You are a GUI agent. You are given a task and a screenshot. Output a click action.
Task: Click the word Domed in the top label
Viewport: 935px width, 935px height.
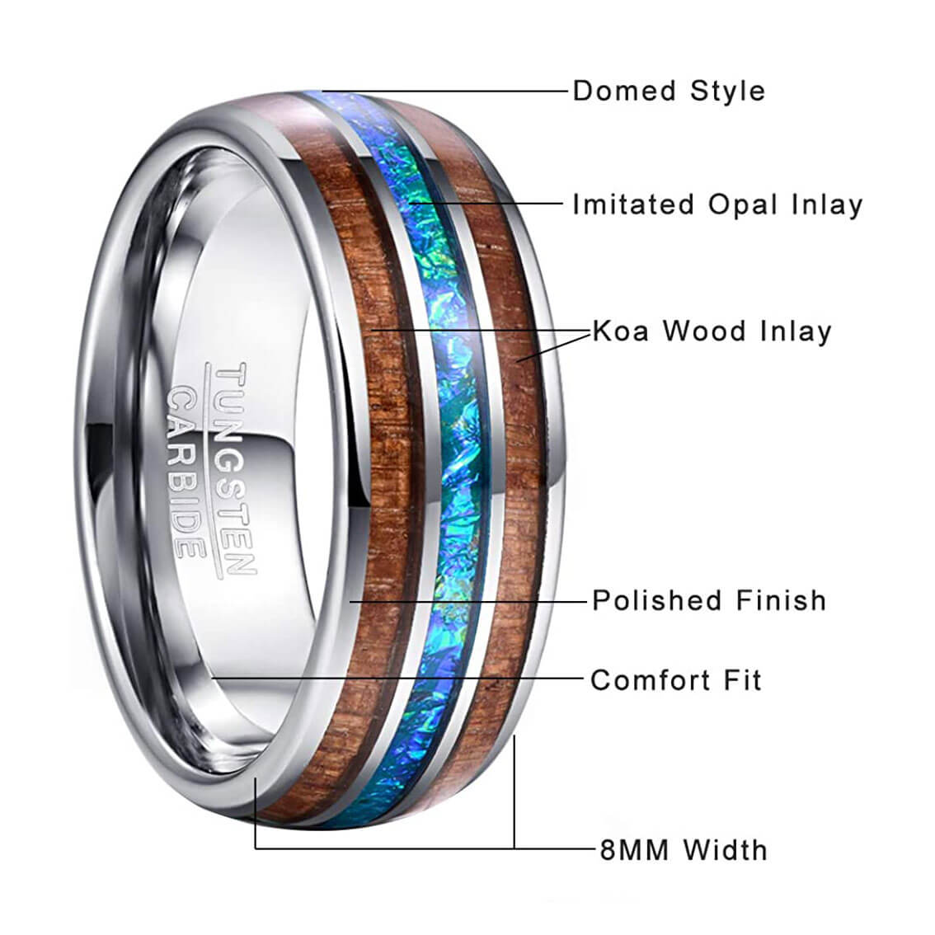[624, 92]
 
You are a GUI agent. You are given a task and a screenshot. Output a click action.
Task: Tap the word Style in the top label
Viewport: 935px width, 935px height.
[727, 92]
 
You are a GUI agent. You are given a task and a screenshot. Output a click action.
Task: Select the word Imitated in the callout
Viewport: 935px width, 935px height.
[633, 204]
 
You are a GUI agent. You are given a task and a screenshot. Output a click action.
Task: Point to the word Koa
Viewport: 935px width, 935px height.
[620, 331]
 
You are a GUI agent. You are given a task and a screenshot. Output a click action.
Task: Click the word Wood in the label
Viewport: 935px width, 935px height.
[704, 331]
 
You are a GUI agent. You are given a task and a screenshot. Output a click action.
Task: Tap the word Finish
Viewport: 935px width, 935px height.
[781, 600]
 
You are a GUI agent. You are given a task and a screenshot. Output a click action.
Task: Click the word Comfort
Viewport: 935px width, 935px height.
[650, 679]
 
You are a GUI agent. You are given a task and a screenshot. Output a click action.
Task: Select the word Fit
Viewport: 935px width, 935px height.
[742, 679]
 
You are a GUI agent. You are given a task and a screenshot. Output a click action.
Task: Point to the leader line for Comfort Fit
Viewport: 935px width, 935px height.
[397, 678]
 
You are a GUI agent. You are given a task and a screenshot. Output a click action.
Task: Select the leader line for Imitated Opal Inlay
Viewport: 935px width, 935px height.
[486, 204]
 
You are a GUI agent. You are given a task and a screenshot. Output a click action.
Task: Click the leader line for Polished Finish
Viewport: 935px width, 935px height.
[468, 602]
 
